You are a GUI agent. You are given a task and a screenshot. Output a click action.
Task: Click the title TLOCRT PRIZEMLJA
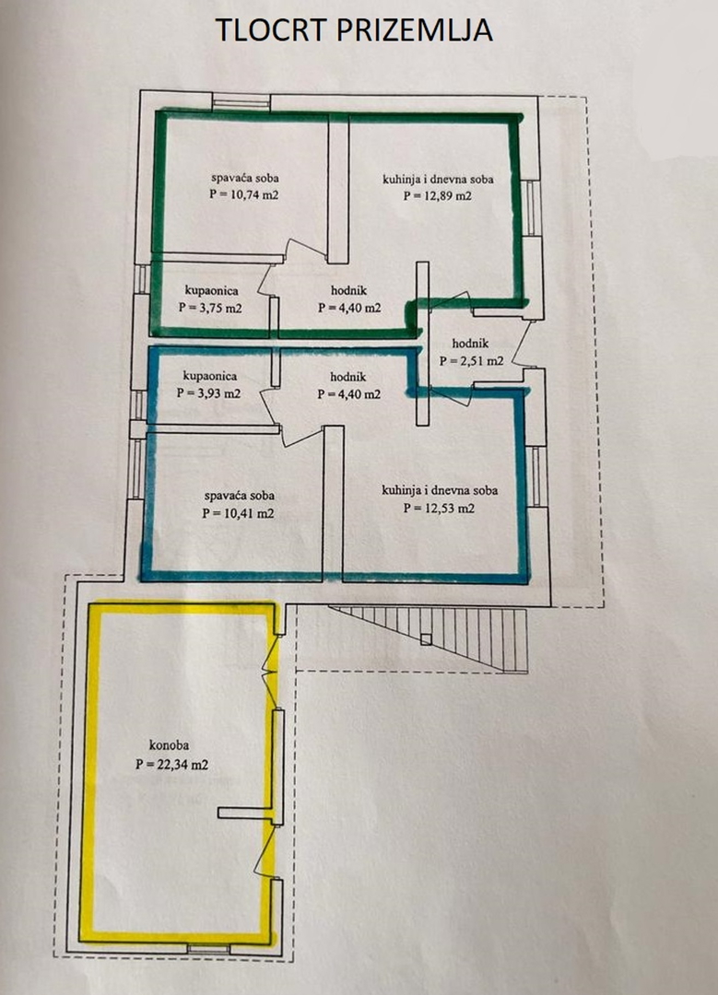(354, 29)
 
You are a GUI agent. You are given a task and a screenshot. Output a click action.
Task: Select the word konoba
(169, 745)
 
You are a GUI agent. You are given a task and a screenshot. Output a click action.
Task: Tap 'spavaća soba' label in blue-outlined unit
(240, 496)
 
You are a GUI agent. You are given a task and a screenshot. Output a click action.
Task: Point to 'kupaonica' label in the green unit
(212, 290)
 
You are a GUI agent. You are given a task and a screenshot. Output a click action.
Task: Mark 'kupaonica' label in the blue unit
(209, 376)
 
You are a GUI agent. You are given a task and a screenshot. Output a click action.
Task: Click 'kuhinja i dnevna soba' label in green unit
(438, 179)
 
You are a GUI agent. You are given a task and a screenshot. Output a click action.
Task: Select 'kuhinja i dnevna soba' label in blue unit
(440, 490)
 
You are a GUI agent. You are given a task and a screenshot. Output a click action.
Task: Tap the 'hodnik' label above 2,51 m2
(470, 344)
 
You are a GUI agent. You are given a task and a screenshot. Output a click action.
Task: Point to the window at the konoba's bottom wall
(208, 949)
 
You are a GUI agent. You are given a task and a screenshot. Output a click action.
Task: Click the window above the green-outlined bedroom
(241, 101)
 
